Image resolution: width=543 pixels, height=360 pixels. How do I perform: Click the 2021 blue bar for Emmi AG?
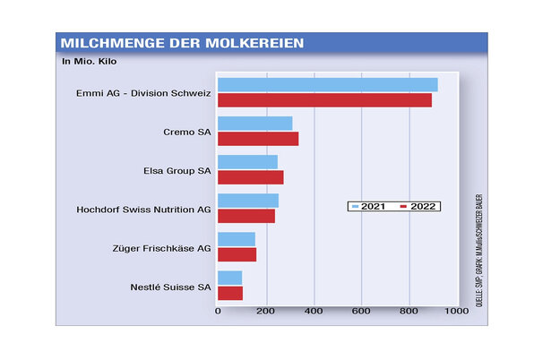(327, 84)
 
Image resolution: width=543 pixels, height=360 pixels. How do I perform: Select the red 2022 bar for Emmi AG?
(324, 99)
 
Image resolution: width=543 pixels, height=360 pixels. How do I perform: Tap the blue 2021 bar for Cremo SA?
(254, 123)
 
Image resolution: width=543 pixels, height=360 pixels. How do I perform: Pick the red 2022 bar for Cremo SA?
(258, 138)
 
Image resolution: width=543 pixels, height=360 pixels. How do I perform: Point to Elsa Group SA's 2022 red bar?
(250, 177)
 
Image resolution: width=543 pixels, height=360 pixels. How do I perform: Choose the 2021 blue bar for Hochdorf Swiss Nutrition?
(247, 201)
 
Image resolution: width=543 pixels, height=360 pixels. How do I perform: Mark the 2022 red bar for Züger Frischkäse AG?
(237, 254)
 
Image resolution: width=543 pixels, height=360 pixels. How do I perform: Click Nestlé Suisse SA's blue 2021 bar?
(229, 278)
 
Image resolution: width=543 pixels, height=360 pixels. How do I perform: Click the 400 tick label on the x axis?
(314, 312)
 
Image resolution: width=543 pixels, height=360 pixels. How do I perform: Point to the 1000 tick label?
(456, 312)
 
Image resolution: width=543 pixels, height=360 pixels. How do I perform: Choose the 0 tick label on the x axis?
(218, 312)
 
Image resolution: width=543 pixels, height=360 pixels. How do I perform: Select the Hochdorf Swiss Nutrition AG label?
(144, 209)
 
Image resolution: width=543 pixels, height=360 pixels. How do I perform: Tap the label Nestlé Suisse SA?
(170, 287)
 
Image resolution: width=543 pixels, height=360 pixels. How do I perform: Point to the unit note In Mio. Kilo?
(90, 62)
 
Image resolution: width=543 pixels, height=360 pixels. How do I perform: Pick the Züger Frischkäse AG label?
(162, 247)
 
